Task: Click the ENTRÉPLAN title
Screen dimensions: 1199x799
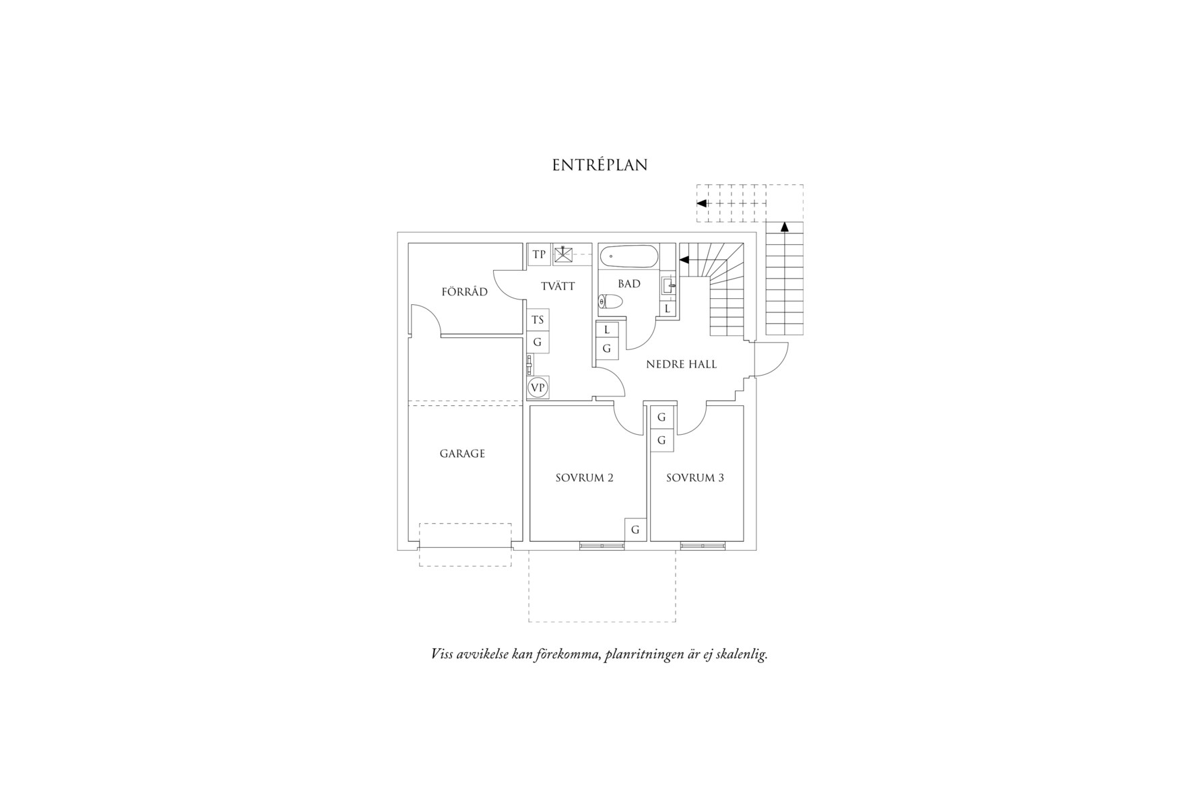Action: point(599,165)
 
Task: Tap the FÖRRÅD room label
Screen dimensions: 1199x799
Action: point(464,291)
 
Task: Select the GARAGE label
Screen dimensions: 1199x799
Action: point(462,454)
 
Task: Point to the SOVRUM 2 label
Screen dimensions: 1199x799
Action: point(584,478)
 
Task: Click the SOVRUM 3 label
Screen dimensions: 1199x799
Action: point(695,478)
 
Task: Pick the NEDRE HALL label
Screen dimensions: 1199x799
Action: point(681,364)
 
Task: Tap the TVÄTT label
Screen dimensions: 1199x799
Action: point(558,286)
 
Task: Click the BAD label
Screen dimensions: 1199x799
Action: point(629,284)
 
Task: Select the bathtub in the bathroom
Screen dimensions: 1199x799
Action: point(629,256)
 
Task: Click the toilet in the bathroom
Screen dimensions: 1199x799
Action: point(610,302)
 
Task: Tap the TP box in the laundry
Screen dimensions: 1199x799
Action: point(539,254)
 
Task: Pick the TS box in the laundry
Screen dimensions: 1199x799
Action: point(538,320)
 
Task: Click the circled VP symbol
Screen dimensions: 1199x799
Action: point(538,388)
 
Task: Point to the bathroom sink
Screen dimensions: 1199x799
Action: point(668,286)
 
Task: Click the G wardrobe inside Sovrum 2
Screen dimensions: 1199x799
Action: point(635,530)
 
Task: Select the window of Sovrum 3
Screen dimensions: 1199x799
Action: point(703,545)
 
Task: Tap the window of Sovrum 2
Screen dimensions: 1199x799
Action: point(602,545)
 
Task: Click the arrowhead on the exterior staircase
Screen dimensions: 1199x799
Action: point(785,227)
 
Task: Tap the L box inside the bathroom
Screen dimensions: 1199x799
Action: point(668,309)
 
